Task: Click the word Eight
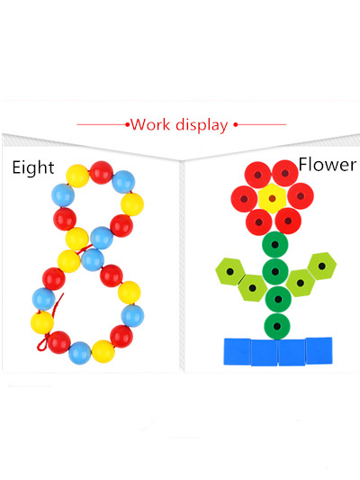click(33, 168)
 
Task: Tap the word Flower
click(328, 165)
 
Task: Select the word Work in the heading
click(150, 124)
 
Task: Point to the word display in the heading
click(202, 125)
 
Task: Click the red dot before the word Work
click(127, 124)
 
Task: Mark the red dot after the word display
click(236, 124)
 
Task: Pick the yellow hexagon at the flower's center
click(272, 199)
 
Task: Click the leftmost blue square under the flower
click(238, 351)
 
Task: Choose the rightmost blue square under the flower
click(319, 351)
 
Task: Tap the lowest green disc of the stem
click(277, 326)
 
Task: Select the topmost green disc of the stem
click(275, 245)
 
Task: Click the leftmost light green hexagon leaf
click(230, 272)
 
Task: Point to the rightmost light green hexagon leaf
click(322, 266)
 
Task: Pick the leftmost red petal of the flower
click(244, 199)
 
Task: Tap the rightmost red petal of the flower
click(301, 196)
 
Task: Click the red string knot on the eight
click(43, 342)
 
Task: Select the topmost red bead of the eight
click(101, 173)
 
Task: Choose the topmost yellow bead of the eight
click(77, 176)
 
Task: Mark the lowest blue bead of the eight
click(80, 353)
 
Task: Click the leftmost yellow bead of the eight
click(42, 322)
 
